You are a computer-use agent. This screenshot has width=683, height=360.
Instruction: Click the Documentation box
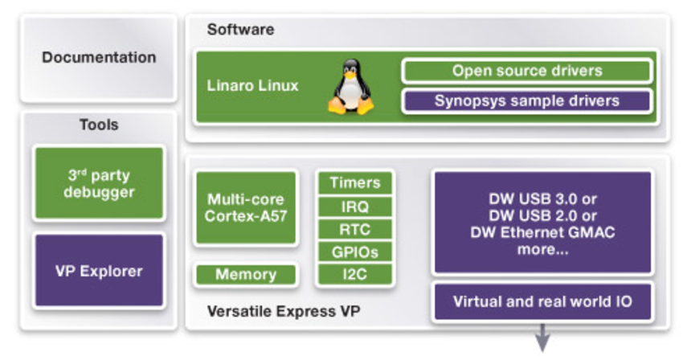[99, 58]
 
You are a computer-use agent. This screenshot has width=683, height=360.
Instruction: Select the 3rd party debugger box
[99, 183]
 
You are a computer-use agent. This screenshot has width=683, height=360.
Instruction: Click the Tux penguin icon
[350, 88]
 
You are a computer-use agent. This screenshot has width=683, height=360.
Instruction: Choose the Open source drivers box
[526, 71]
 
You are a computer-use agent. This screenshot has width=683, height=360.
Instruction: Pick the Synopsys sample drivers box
[526, 100]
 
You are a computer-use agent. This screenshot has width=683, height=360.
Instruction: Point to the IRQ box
[354, 207]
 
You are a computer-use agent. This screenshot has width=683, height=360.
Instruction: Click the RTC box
[354, 229]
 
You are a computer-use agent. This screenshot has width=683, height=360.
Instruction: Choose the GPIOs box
[354, 252]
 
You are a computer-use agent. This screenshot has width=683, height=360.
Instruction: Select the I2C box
[354, 275]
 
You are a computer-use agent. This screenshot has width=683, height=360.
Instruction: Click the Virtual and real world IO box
[542, 302]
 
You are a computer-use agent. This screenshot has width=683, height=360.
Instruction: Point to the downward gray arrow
[542, 337]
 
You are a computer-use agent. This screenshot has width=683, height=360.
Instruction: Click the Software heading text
[240, 30]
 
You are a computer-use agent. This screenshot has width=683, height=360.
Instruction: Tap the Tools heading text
[99, 125]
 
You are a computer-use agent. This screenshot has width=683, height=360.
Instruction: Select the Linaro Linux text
[254, 85]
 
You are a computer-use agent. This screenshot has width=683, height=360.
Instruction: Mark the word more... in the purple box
[542, 251]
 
